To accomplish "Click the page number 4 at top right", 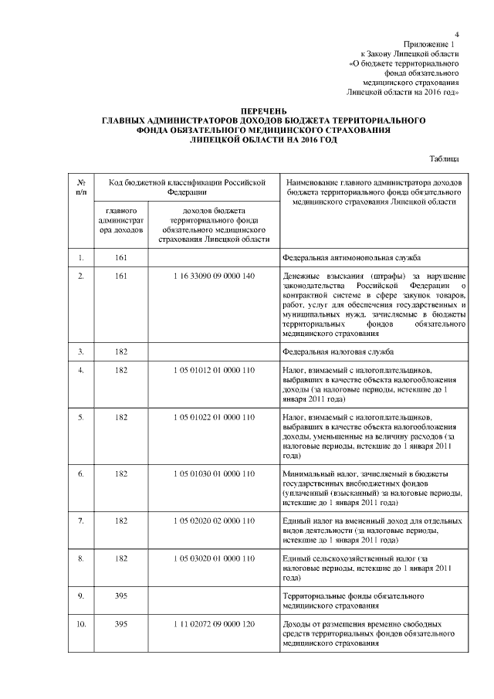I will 457,34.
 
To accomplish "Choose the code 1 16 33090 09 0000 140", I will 214,276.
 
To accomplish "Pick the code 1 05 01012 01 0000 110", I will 214,372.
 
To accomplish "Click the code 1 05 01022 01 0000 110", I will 214,418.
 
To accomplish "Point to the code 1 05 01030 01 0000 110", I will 214,473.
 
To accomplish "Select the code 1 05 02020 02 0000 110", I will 214,521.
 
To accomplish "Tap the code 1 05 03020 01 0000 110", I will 214,558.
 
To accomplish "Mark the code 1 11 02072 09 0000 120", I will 214,623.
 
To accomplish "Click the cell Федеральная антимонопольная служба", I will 351,257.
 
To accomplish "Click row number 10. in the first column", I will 81,623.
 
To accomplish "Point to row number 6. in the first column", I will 81,473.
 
